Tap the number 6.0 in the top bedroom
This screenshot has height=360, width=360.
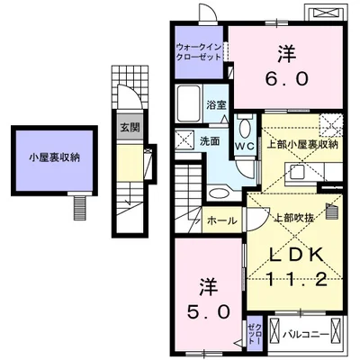click(287, 79)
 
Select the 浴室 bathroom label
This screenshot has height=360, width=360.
click(216, 105)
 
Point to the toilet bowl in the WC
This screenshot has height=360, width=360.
click(244, 125)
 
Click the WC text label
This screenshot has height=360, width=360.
click(244, 146)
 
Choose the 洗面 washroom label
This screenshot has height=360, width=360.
click(210, 141)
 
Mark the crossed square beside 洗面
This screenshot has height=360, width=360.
click(184, 139)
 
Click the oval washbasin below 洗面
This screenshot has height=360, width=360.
click(217, 191)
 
